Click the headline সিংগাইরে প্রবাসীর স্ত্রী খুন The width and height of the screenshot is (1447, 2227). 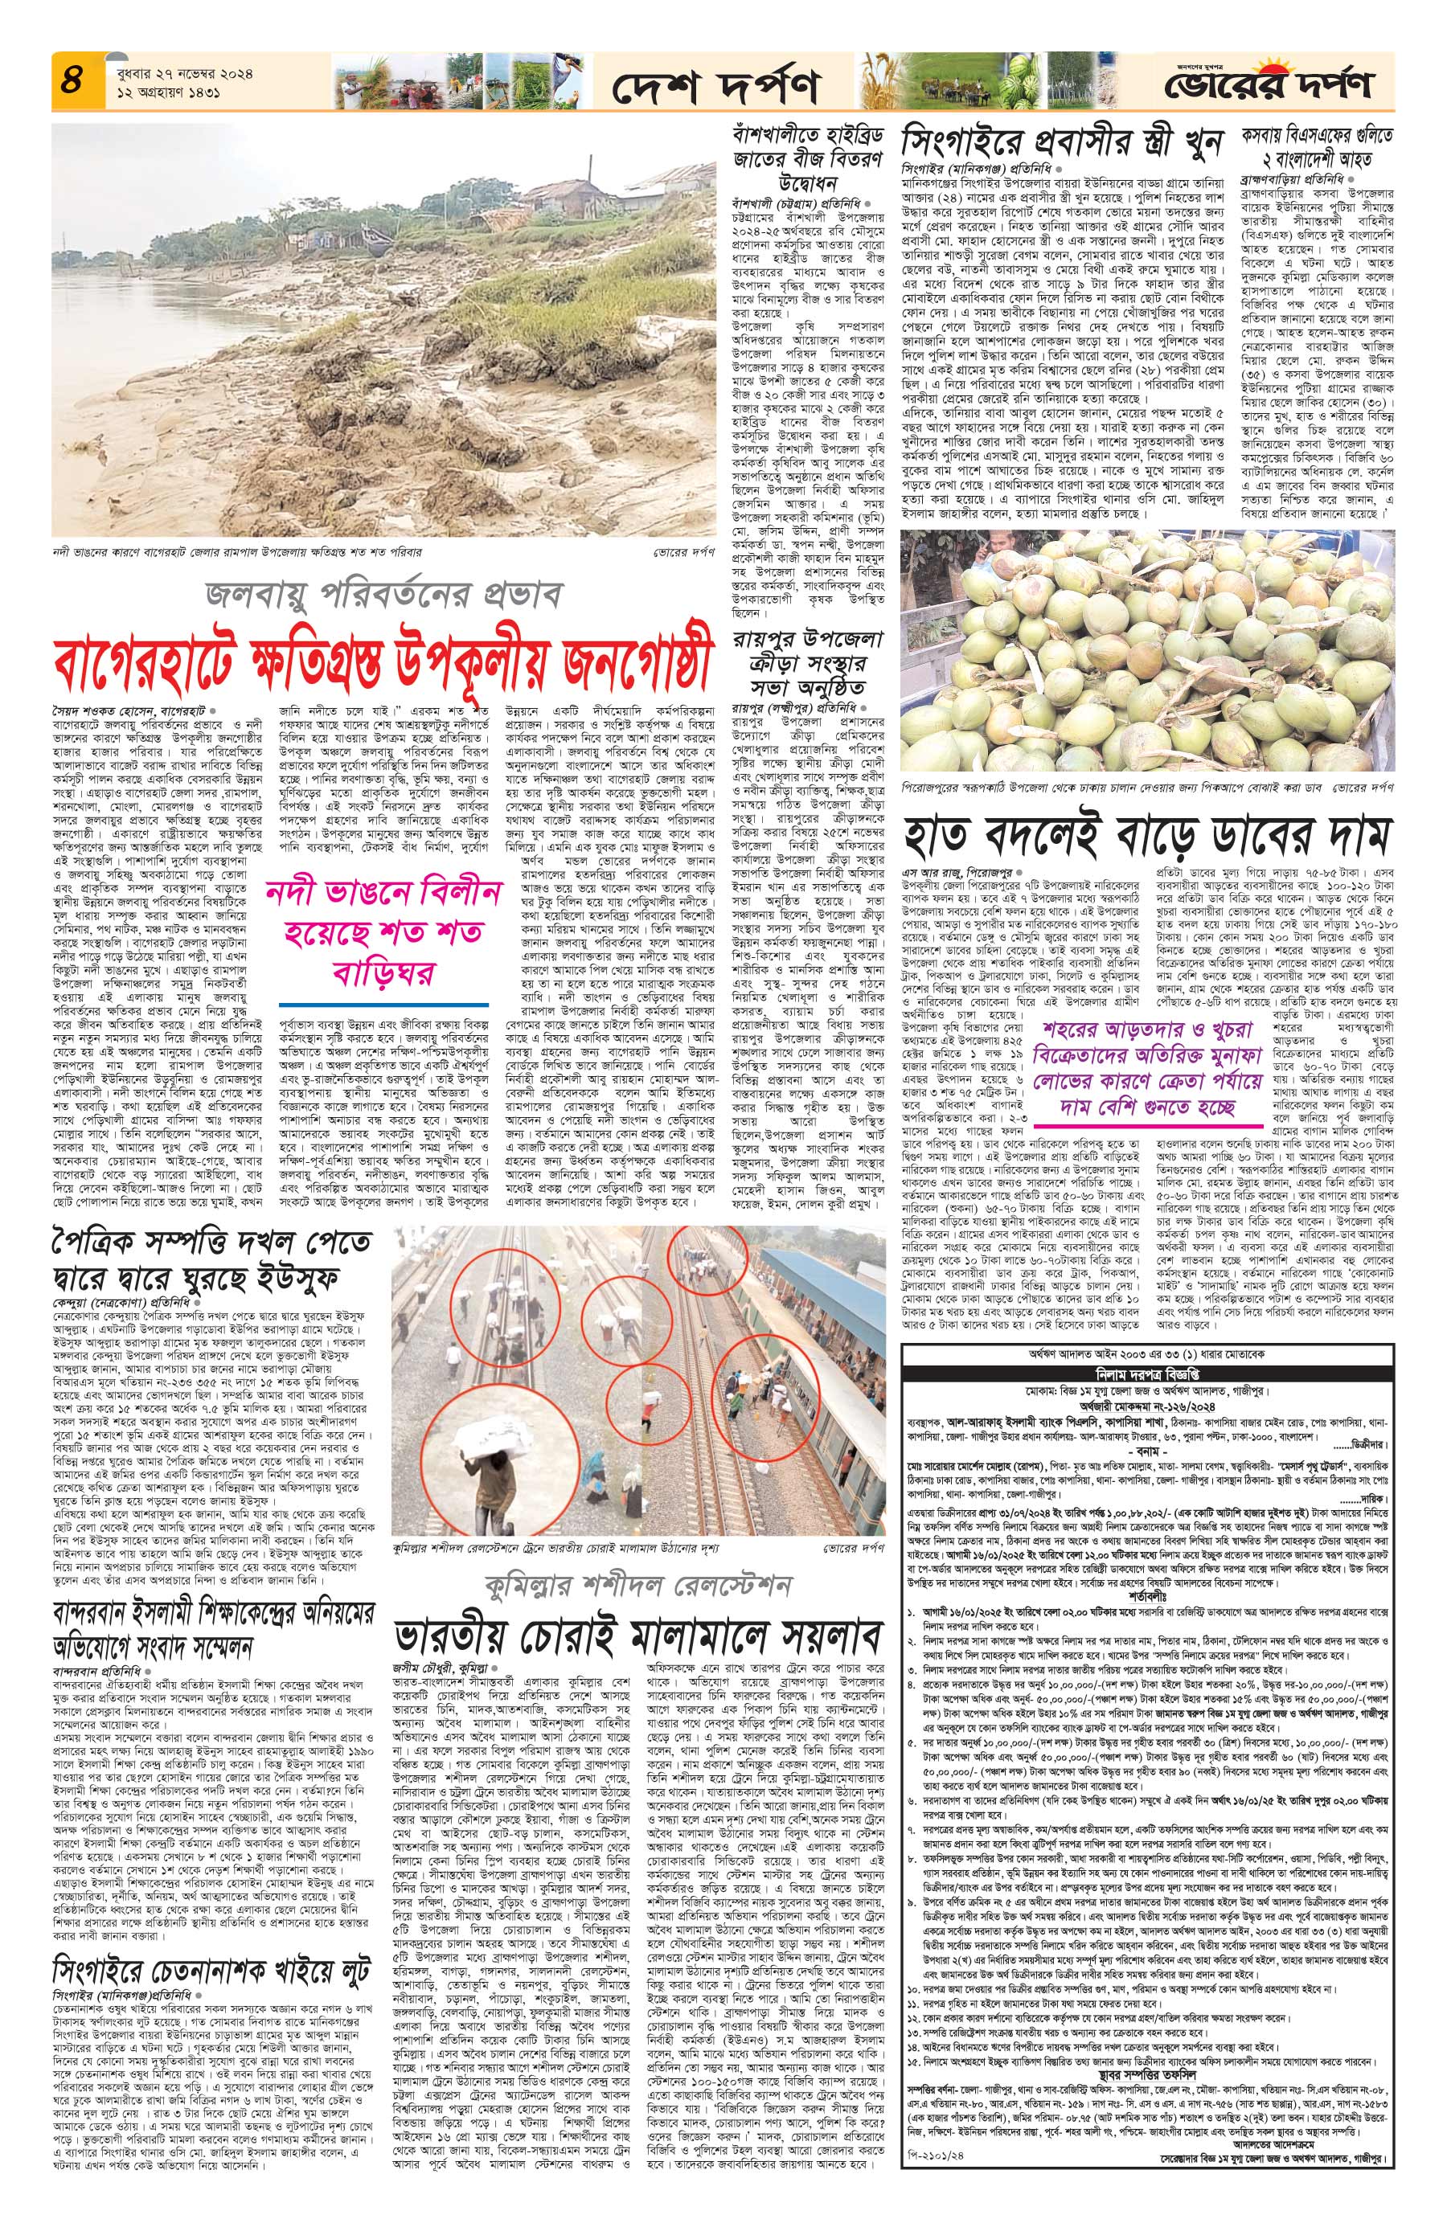click(1062, 142)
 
